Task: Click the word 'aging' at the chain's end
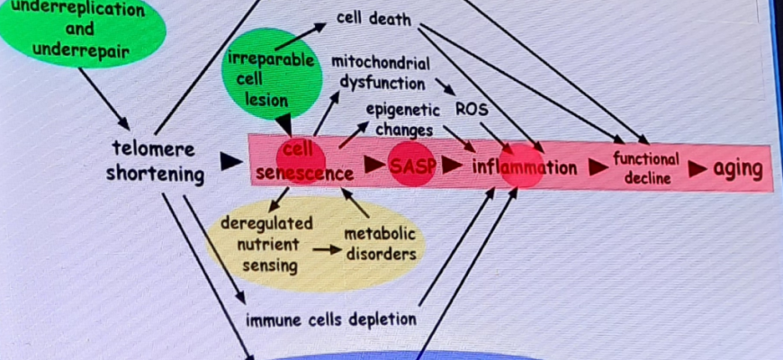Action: coord(737,168)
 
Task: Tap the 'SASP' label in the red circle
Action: coord(411,167)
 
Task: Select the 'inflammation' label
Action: coord(524,167)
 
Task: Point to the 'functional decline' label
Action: coord(646,167)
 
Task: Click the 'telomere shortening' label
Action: coord(155,161)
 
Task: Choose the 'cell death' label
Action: coord(373,17)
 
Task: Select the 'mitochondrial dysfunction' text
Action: coord(380,73)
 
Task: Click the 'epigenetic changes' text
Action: coord(402,119)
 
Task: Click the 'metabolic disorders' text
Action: coord(381,243)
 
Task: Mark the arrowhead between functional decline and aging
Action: coord(697,168)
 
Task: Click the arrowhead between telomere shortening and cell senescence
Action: coord(230,161)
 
